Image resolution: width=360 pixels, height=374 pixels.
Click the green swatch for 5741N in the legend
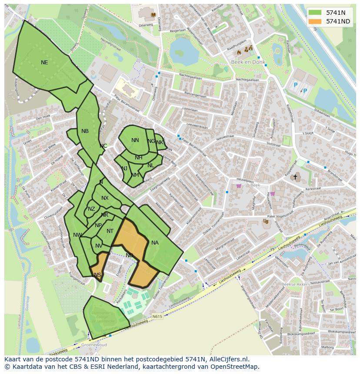click(316, 13)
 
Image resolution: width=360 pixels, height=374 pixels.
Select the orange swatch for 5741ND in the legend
click(316, 21)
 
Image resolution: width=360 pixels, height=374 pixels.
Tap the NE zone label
click(44, 63)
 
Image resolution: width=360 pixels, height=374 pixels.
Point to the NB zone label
click(85, 131)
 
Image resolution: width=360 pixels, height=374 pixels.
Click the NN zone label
click(135, 140)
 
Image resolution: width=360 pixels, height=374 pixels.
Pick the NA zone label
click(155, 243)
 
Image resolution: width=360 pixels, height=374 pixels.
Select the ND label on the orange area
click(129, 255)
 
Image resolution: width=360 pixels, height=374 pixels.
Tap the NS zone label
click(97, 275)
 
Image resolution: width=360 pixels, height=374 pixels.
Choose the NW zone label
click(77, 235)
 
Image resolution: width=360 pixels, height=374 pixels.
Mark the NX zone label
click(105, 198)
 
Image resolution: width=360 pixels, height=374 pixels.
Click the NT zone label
click(110, 231)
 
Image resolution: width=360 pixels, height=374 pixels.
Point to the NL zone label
click(150, 165)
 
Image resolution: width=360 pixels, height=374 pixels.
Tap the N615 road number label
click(157, 317)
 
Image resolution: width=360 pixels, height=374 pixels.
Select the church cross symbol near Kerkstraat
click(295, 177)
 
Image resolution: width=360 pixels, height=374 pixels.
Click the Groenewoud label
click(94, 345)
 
